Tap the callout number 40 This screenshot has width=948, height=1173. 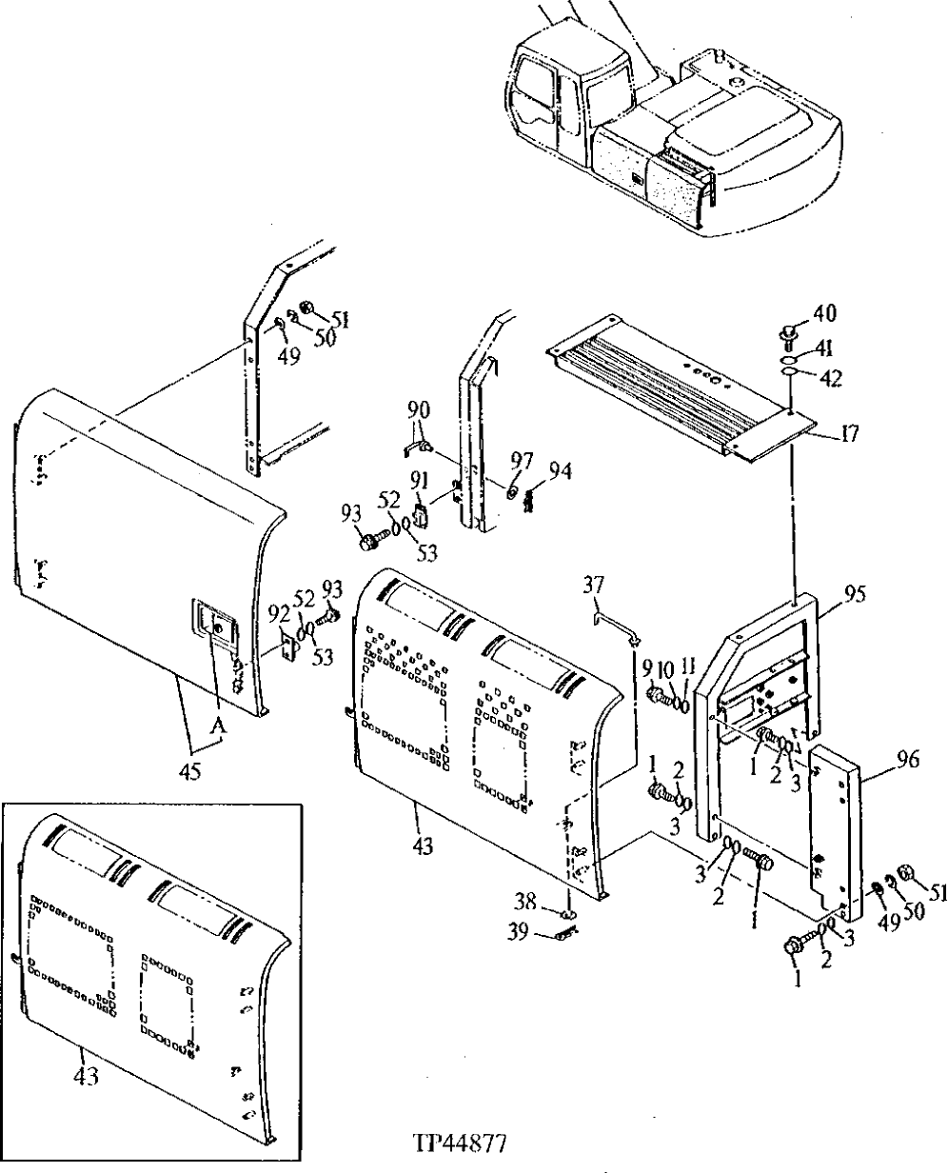tap(824, 313)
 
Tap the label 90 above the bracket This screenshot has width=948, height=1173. tap(419, 409)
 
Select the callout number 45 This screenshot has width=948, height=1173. tap(189, 772)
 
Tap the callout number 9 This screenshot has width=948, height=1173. tap(646, 670)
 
